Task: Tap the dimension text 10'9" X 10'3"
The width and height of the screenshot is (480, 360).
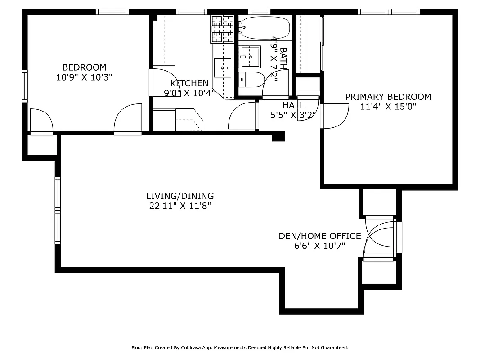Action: [x=84, y=77]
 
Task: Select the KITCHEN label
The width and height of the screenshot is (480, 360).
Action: [x=189, y=83]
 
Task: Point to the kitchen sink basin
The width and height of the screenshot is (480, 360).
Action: [x=223, y=67]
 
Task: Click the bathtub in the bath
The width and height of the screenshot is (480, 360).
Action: [x=265, y=28]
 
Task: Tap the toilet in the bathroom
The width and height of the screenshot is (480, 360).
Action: [x=251, y=80]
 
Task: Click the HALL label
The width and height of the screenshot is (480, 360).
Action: [x=293, y=105]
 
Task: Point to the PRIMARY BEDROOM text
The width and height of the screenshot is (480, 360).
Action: [x=388, y=97]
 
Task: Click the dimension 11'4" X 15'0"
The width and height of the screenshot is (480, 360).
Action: [x=388, y=107]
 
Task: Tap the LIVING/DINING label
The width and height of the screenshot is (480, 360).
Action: [x=180, y=196]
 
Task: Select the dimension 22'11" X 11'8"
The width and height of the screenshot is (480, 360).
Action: [x=180, y=206]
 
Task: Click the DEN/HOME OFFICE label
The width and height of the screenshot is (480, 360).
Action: [x=319, y=236]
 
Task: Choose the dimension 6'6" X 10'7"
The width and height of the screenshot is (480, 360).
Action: [x=319, y=246]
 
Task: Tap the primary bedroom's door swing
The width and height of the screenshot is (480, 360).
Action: [x=335, y=116]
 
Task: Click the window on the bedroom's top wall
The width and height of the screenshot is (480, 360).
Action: [x=112, y=12]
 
